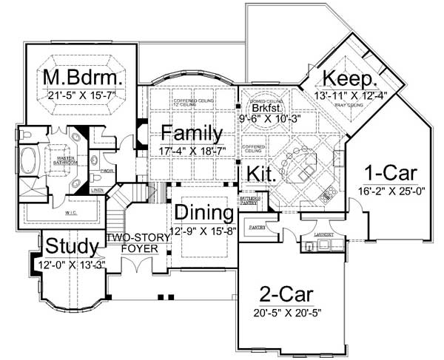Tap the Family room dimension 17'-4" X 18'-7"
tap(192, 151)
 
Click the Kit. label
tap(262, 175)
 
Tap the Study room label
tap(72, 246)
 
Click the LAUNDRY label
tap(323, 236)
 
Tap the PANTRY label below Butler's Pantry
tap(257, 226)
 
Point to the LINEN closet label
tap(97, 190)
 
